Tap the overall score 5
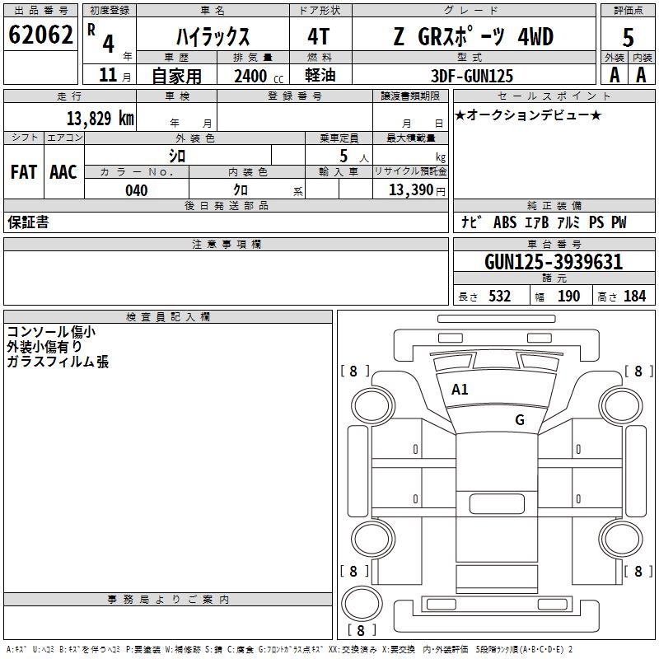[628, 37]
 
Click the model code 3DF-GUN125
[472, 76]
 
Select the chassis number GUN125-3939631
[553, 262]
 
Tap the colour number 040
[137, 190]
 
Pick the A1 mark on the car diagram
[460, 390]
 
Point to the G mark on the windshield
[519, 420]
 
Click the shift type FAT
[23, 171]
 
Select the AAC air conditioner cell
[63, 171]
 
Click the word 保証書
[28, 222]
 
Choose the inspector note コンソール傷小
[51, 332]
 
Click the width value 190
[568, 297]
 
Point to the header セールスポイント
[544, 96]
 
